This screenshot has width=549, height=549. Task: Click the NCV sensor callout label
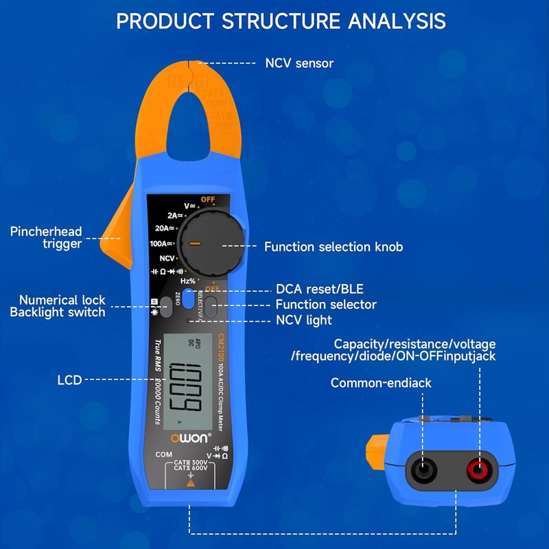pyautogui.click(x=299, y=63)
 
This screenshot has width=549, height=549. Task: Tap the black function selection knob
pyautogui.click(x=210, y=244)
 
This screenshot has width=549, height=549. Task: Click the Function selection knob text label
pyautogui.click(x=334, y=247)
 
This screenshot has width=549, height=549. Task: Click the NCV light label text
pyautogui.click(x=303, y=320)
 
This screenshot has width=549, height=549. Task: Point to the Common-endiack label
pyautogui.click(x=381, y=383)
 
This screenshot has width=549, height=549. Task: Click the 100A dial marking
pyautogui.click(x=161, y=243)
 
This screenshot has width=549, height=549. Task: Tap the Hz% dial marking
pyautogui.click(x=187, y=281)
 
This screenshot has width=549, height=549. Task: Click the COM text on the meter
pyautogui.click(x=163, y=454)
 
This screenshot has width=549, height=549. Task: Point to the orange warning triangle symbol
pyautogui.click(x=190, y=483)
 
